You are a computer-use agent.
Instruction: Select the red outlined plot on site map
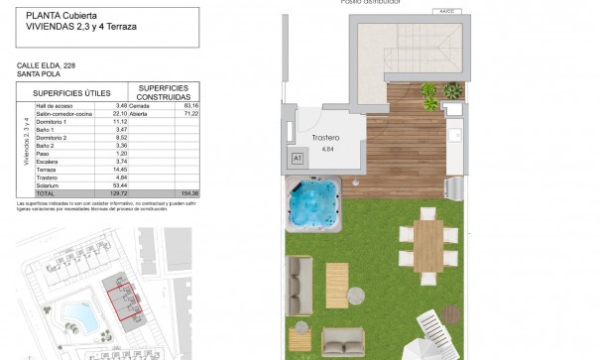tap(125, 302)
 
